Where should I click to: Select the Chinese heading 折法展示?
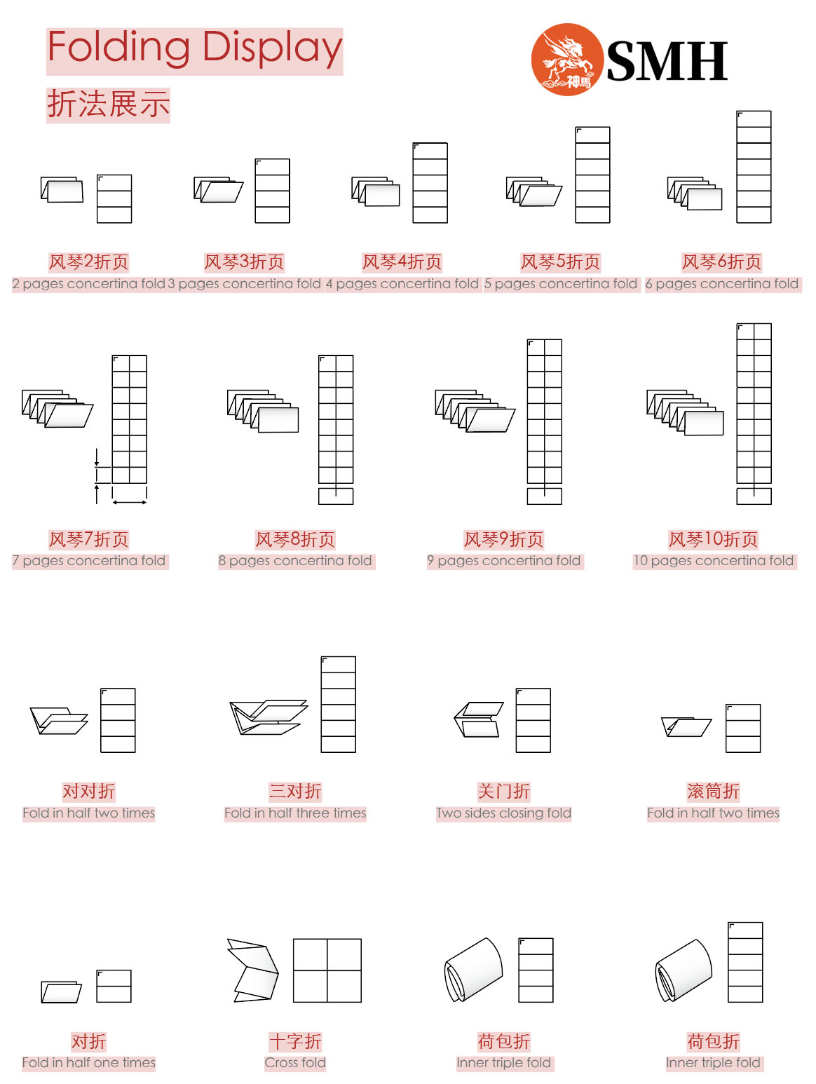[x=108, y=104]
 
